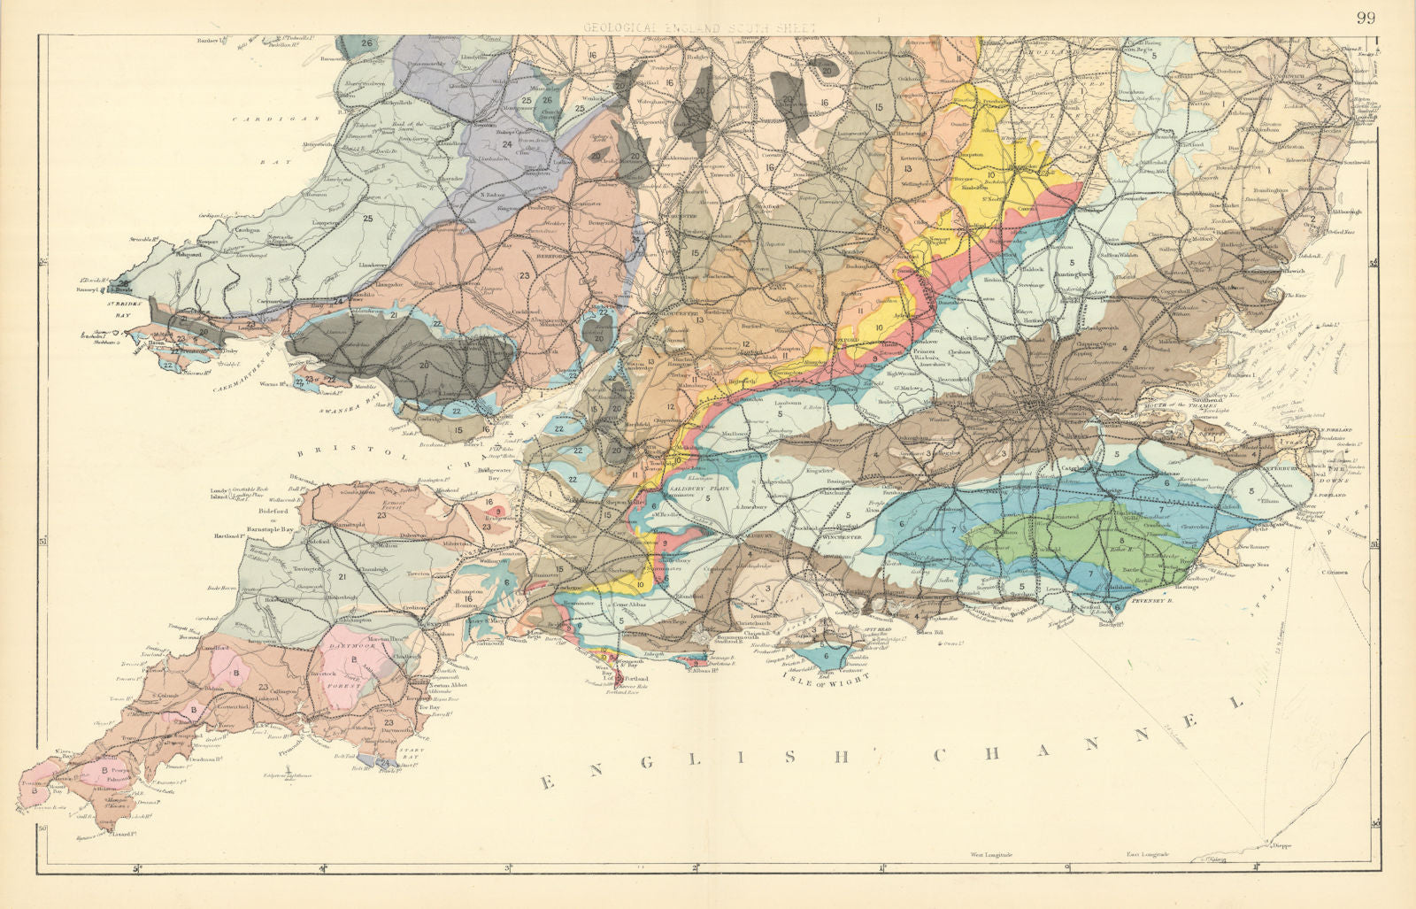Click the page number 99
[x=1366, y=18]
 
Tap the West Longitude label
[x=991, y=855]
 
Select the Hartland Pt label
[x=228, y=536]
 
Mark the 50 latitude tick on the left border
[x=42, y=827]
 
